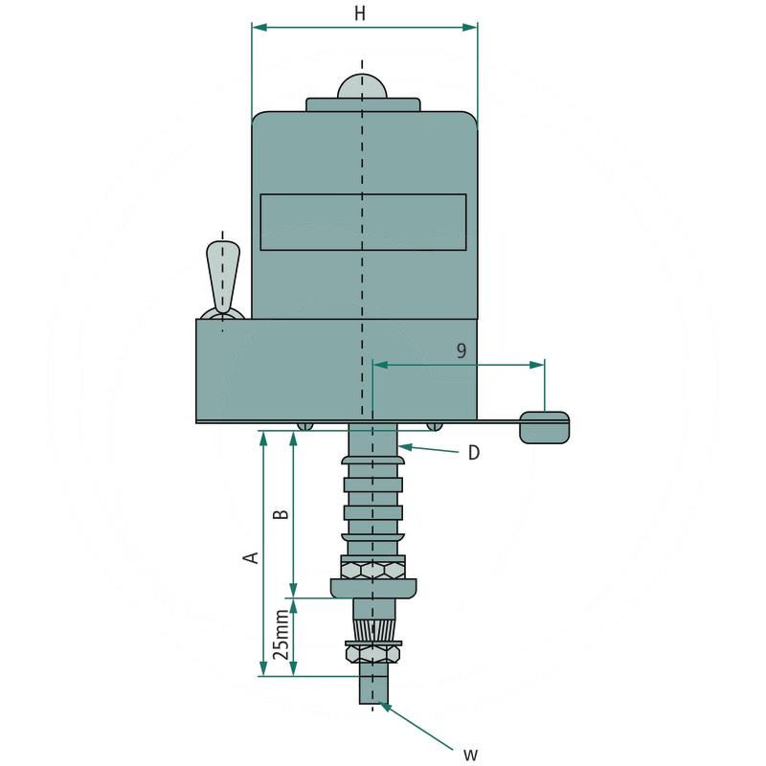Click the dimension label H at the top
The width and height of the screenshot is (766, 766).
360,13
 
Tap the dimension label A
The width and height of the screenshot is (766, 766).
252,557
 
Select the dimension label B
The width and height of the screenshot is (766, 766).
281,514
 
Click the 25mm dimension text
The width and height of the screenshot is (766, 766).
279,637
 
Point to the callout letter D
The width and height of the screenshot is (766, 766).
473,453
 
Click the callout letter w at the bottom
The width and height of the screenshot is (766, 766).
470,755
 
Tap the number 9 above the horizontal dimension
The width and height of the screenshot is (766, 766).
461,350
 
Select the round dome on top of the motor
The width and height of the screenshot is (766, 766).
362,86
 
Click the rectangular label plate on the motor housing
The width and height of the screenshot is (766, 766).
363,222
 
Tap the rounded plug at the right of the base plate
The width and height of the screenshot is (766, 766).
545,427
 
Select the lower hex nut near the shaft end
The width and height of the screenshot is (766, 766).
372,653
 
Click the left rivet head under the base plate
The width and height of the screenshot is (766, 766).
304,426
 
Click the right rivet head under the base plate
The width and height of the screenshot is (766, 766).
436,426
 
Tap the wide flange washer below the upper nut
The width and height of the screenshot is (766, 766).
373,587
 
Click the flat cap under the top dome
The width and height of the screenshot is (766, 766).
362,104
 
